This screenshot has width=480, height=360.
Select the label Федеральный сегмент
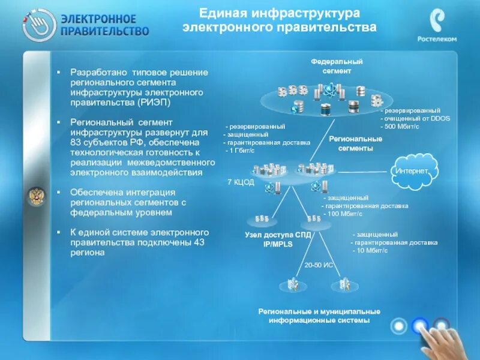[x=337, y=66]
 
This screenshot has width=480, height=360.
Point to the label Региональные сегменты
[x=351, y=143]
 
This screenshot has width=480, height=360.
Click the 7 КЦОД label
[x=241, y=181]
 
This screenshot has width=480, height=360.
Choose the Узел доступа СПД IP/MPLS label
[x=278, y=239]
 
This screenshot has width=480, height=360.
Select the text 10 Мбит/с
[x=373, y=250]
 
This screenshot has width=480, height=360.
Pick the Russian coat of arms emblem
[x=36, y=196]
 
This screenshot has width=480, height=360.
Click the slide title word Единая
[x=222, y=13]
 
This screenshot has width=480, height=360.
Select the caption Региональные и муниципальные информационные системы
[x=319, y=316]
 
